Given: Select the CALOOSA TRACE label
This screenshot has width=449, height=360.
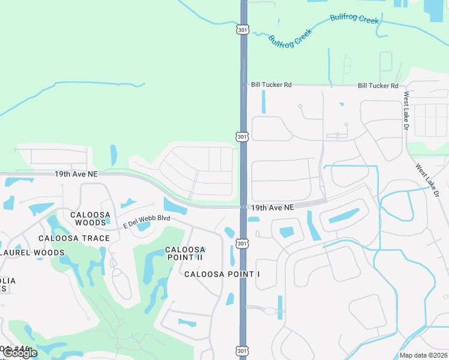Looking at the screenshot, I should point(74,238).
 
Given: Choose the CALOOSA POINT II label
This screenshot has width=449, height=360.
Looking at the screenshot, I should point(185,253).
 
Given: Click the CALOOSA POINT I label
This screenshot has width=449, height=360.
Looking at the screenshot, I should point(222,274).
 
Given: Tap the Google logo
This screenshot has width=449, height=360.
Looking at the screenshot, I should point(20,352).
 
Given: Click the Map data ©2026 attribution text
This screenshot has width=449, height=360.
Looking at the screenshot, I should point(423,355).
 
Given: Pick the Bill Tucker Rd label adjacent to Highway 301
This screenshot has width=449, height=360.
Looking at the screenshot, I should point(271,85).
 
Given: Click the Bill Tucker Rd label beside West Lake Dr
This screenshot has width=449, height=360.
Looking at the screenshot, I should point(378,86).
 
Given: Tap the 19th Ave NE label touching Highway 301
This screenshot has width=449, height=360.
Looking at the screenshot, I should point(273,207).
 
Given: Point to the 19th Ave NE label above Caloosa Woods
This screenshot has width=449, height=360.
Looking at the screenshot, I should point(76,173).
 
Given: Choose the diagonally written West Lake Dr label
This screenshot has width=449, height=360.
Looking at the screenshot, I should point(428,179).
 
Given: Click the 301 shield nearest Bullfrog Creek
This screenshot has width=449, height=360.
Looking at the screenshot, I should point(242,29).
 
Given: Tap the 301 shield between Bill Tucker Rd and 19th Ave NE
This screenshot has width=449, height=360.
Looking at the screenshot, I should point(242,137).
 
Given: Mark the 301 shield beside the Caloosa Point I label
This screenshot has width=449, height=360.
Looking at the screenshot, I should point(242,243).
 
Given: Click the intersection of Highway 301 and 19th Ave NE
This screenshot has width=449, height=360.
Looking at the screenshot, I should point(244,207).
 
